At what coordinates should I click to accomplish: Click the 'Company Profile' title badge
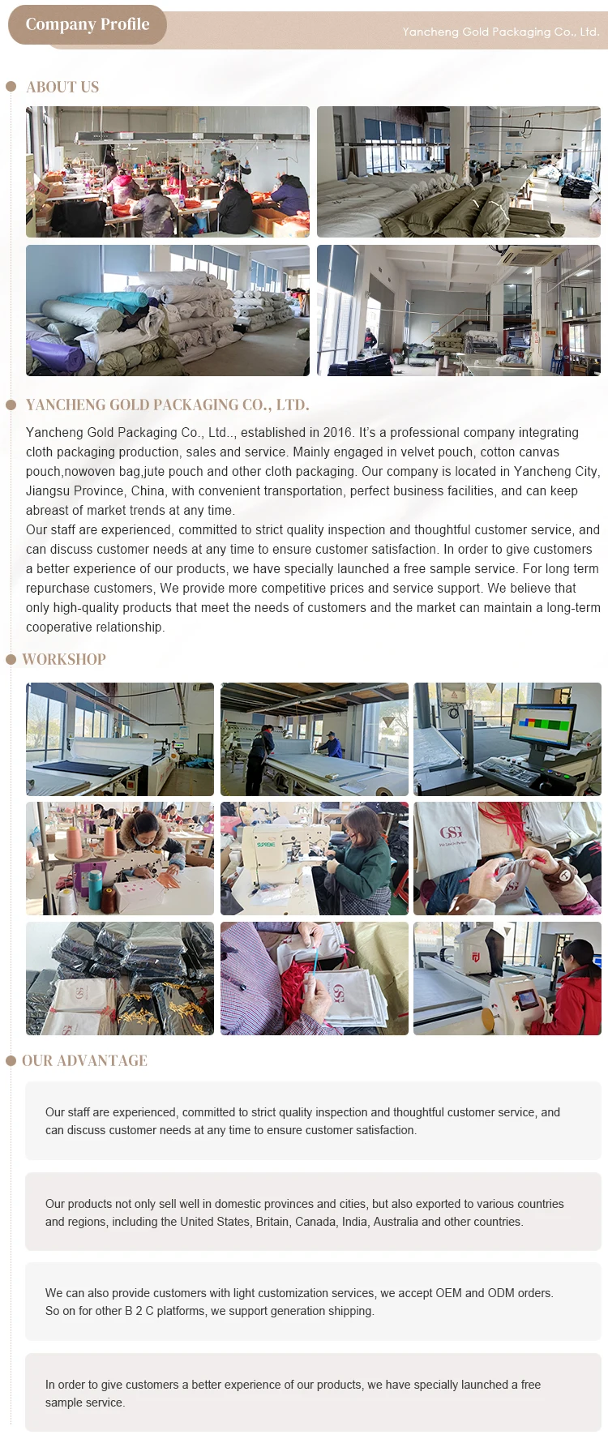[x=88, y=24]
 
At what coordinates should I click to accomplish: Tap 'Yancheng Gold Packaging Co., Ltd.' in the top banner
[x=501, y=32]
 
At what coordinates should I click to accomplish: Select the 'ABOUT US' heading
[x=62, y=87]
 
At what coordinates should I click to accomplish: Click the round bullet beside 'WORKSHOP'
[x=11, y=659]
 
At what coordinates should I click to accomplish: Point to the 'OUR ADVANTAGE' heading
[x=84, y=1060]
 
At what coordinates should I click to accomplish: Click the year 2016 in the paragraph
[x=338, y=433]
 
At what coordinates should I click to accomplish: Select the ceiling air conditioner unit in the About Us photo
[x=536, y=257]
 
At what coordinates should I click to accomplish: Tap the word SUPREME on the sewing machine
[x=266, y=845]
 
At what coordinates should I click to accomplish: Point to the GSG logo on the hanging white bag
[x=451, y=833]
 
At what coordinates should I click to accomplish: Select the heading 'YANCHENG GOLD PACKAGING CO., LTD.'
[x=167, y=405]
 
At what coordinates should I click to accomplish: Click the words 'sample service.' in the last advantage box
[x=85, y=1403]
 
